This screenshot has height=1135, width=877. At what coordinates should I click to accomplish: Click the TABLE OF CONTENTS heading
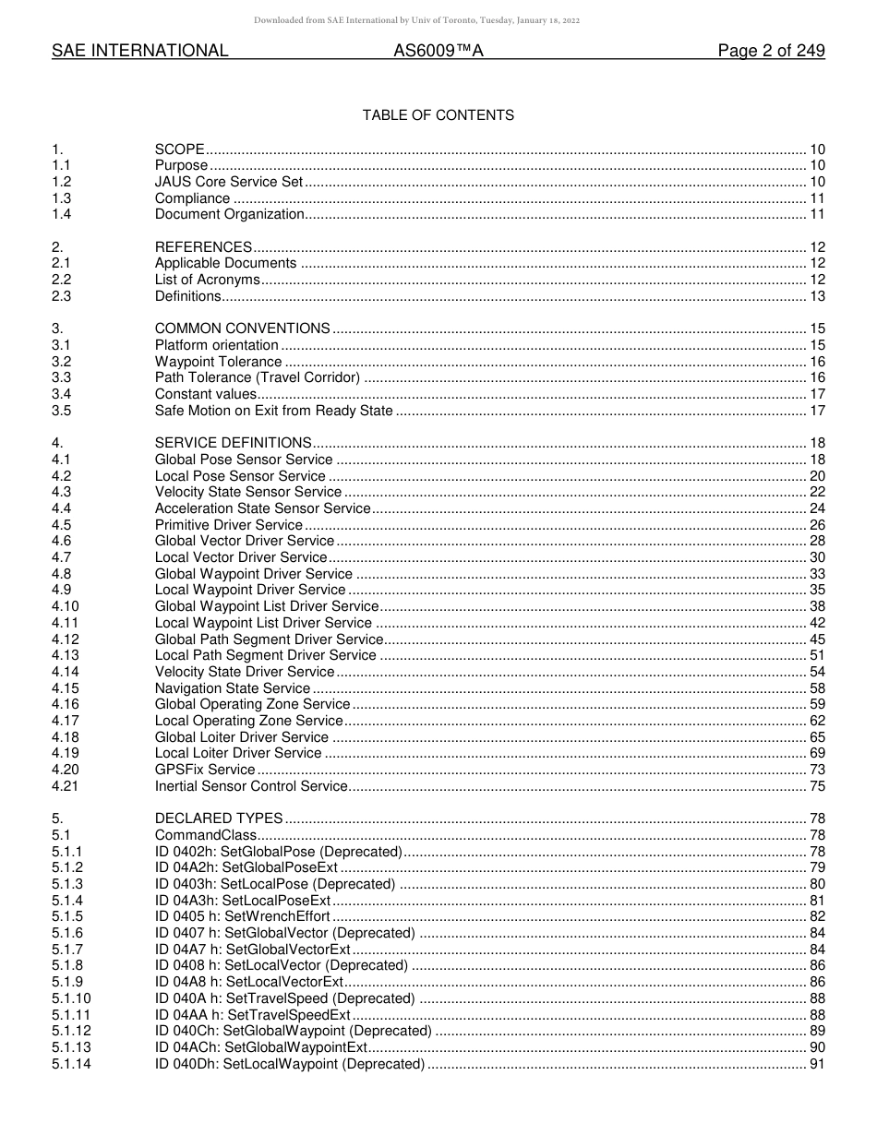pos(438,115)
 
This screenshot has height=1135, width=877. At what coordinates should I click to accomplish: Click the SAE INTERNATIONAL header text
pos(139,52)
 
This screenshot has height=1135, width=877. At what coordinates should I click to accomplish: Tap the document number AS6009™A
pos(438,52)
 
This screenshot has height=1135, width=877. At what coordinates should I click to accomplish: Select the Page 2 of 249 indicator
pos(771,52)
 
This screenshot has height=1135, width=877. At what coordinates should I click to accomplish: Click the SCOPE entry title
pos(179,149)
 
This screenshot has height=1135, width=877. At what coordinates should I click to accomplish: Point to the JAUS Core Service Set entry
pos(228,182)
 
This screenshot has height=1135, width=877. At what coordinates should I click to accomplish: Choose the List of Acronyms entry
pos(207,280)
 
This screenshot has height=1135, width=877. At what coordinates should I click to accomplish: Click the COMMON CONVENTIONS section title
pos(242,329)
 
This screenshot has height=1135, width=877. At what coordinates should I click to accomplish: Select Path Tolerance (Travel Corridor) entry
pos(257,377)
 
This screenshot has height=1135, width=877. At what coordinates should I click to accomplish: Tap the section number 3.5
pos(62,411)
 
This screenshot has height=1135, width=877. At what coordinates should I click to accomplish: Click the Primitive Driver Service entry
pos(228,525)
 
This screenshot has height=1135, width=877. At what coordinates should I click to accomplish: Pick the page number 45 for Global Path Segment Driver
pos(817,639)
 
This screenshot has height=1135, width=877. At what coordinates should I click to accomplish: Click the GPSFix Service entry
pos(204,770)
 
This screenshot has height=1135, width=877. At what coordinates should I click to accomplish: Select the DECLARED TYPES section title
pos(219,818)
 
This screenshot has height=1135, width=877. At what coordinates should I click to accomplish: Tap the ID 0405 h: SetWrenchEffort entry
pos(242,916)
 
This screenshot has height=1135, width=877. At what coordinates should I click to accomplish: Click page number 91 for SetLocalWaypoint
pos(817,1064)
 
